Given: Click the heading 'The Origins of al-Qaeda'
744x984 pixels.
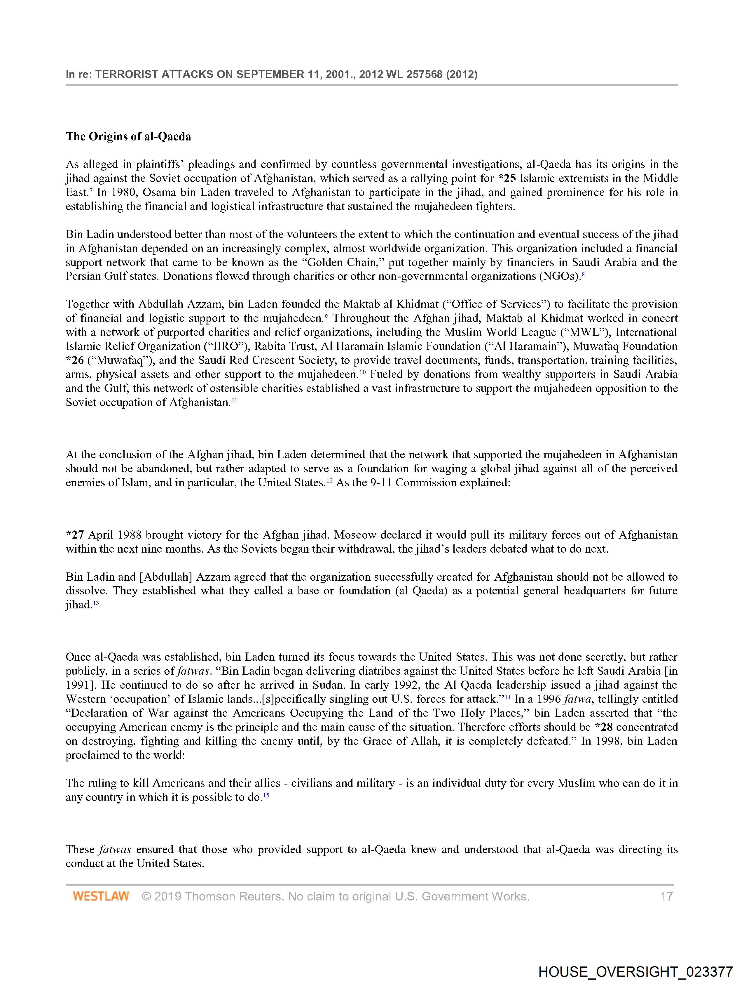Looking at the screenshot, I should (x=128, y=137).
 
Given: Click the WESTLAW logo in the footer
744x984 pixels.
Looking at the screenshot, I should (x=101, y=896).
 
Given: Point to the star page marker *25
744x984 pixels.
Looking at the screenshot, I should (x=507, y=178).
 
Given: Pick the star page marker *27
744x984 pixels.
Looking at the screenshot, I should (x=75, y=535).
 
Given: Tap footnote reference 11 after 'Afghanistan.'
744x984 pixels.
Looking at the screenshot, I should (x=235, y=401).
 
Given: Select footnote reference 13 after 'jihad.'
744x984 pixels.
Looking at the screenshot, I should (x=96, y=603).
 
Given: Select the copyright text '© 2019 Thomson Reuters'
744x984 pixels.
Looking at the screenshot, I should (x=212, y=896).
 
